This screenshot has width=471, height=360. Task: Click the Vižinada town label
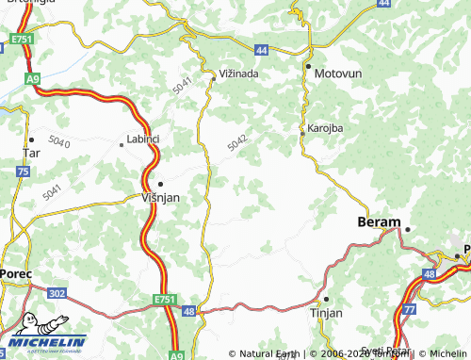point(238,71)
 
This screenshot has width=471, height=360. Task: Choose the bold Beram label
point(378,221)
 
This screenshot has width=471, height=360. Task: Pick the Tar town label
point(31,151)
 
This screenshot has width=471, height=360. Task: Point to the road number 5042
point(236,142)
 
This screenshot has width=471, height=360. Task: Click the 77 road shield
point(409,307)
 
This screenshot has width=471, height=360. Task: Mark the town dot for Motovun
point(308,68)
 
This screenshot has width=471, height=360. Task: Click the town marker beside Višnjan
point(160,184)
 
